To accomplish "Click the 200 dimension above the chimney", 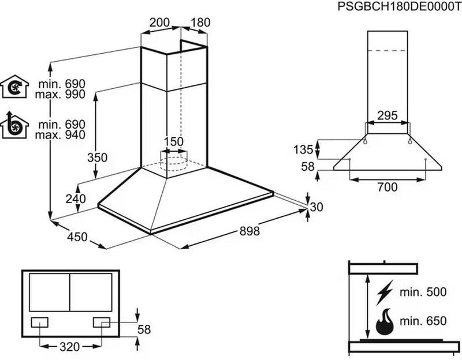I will tap(159, 23).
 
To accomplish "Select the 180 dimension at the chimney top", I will tap(199, 23).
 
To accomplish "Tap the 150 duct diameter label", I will tap(173, 142).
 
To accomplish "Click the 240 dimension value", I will tap(75, 199).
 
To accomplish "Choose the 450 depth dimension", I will tap(76, 237).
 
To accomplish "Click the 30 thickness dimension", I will tap(317, 207).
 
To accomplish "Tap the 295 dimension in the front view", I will tap(387, 116).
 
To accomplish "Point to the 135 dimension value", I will tap(301, 150).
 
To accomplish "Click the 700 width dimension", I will tap(386, 187).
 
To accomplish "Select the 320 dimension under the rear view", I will tap(69, 348).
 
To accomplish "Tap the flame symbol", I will tap(385, 322).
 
